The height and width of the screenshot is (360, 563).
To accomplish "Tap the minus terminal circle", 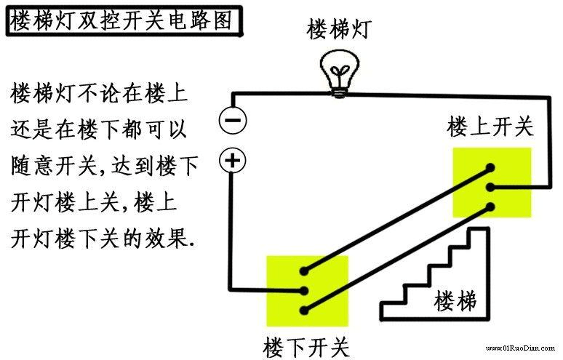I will pos(233,120).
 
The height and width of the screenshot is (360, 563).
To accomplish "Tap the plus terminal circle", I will pos(233,161).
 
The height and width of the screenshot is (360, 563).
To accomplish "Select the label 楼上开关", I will pos(490,127).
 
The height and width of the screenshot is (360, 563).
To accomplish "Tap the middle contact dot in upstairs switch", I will pos(491,187).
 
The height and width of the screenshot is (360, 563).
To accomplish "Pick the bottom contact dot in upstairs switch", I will pos(492,207).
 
